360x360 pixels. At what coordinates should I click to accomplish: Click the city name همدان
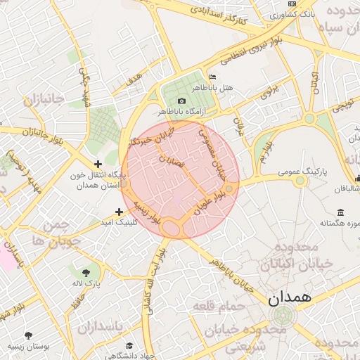(x=289, y=297)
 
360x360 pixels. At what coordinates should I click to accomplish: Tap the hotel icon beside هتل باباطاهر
(x=212, y=77)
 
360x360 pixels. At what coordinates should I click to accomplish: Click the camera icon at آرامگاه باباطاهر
(x=181, y=101)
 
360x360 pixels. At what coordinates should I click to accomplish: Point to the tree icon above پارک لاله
(x=86, y=271)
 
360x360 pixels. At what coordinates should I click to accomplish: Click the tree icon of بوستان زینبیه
(x=28, y=335)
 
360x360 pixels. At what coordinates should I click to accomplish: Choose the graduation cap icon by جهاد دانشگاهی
(x=129, y=345)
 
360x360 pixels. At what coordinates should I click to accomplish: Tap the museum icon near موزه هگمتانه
(x=340, y=213)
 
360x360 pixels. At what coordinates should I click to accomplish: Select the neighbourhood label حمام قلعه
(x=220, y=307)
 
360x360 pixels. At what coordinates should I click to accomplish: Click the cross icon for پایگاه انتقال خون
(x=98, y=164)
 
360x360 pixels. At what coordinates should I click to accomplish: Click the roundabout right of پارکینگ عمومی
(x=300, y=181)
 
